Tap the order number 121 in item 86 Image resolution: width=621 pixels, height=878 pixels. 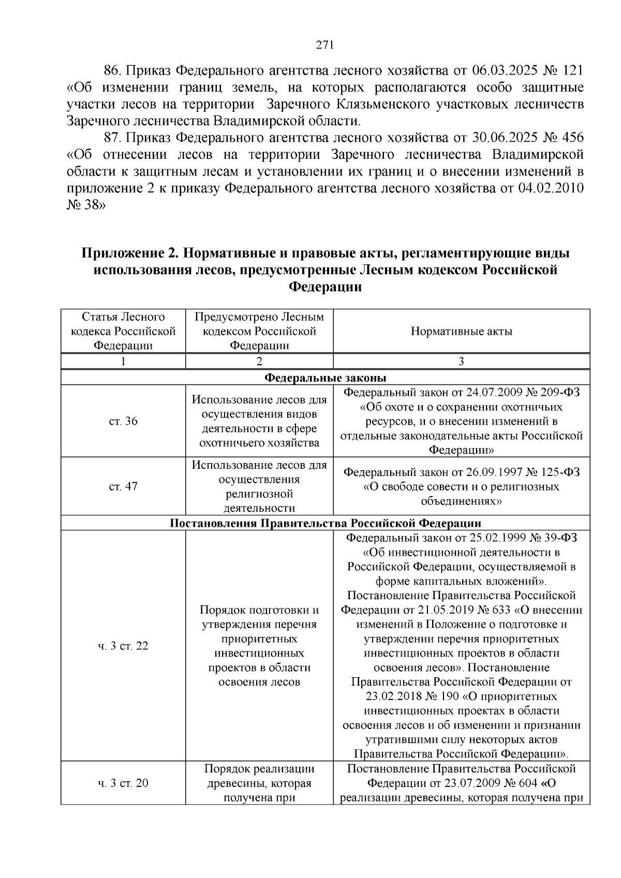[572, 70]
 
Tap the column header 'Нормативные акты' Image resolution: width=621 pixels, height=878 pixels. [461, 331]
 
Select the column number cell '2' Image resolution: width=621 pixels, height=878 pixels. [259, 361]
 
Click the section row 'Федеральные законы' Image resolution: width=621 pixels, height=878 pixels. [326, 377]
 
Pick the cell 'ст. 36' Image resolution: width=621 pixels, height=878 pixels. [123, 421]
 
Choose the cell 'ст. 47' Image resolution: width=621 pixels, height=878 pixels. [123, 486]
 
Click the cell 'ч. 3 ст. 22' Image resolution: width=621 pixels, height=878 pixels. [123, 646]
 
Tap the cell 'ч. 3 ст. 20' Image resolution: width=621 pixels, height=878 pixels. [123, 783]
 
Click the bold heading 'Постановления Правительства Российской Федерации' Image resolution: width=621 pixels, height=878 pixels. [326, 523]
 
